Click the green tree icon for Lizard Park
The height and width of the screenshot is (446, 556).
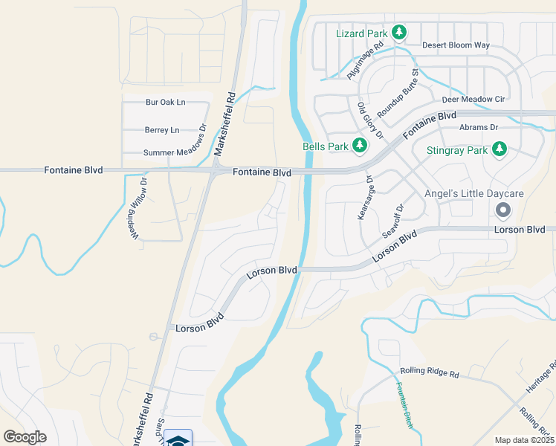tap(399, 32)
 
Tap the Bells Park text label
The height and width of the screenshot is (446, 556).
tap(325, 146)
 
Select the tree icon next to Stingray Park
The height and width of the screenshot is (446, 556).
tap(500, 150)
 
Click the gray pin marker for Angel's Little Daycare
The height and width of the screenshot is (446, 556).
tap(502, 210)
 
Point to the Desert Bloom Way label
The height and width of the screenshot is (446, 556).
tap(456, 45)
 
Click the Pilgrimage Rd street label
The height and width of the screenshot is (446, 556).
tap(366, 60)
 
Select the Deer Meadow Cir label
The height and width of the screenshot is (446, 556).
tap(473, 99)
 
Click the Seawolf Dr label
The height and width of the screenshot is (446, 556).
tap(392, 221)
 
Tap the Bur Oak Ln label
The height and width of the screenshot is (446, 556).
tap(165, 102)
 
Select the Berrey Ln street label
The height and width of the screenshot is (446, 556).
tap(161, 130)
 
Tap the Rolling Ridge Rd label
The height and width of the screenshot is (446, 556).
tap(429, 372)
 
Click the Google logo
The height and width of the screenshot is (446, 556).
tap(25, 436)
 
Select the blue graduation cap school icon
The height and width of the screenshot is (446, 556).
tap(178, 439)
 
